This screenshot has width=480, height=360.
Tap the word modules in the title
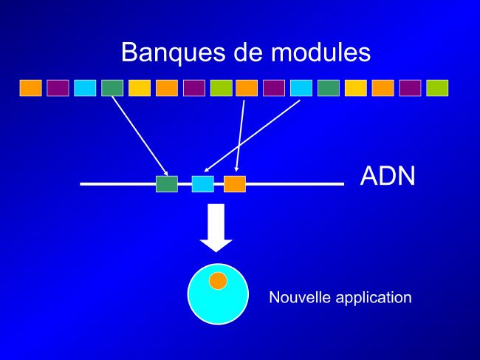[x=320, y=52]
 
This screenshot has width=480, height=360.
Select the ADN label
[x=388, y=176]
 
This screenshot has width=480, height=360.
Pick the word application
[x=374, y=298]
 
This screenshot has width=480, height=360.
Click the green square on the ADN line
[x=167, y=184]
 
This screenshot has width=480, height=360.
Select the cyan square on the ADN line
[x=202, y=184]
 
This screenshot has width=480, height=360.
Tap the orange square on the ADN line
[x=235, y=184]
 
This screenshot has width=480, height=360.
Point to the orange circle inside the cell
[x=218, y=281]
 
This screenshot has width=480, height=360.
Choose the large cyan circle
[x=218, y=294]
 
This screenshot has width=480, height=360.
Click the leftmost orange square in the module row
[x=30, y=88]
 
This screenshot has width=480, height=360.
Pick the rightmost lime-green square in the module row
[x=437, y=88]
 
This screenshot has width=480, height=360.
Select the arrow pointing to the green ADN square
[x=140, y=136]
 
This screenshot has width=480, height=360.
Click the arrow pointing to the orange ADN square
[x=240, y=136]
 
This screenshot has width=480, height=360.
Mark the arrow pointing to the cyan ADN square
[x=252, y=136]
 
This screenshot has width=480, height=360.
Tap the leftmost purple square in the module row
[x=58, y=88]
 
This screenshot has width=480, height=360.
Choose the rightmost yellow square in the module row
[x=356, y=88]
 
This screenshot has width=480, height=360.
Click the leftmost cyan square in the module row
[x=85, y=88]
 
